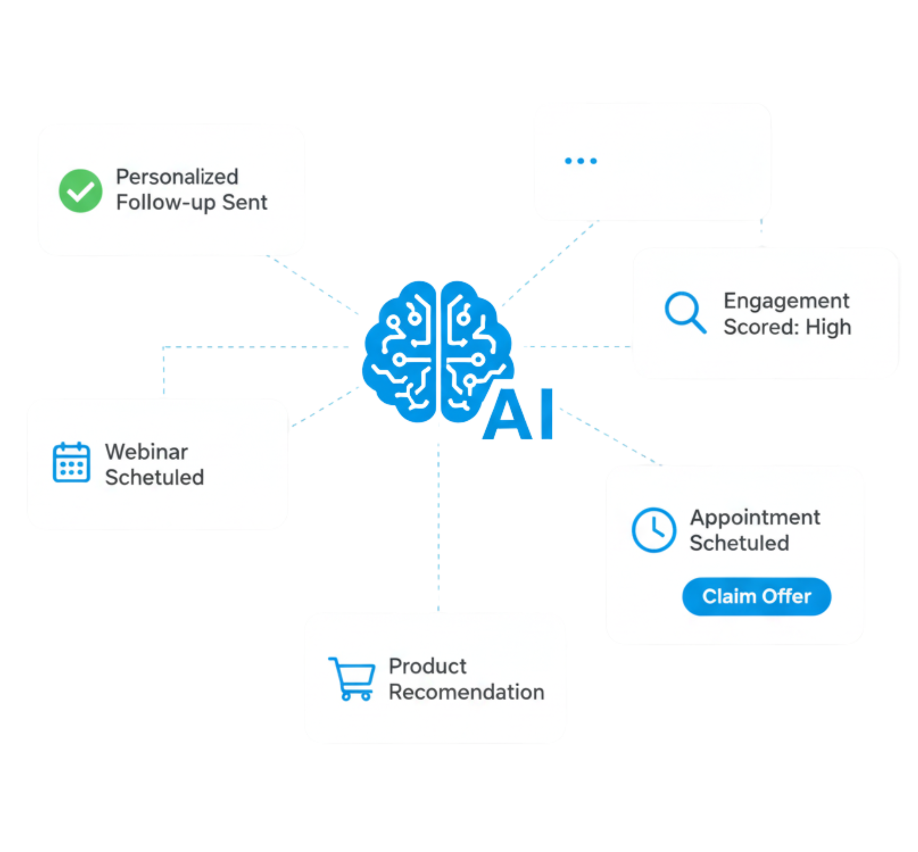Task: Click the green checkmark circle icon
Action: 81,190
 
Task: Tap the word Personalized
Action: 177,177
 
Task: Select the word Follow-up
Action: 165,202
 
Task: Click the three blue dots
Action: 581,161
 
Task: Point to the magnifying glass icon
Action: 684,312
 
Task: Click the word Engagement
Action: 786,301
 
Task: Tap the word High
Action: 828,327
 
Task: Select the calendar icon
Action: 71,462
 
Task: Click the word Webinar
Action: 146,452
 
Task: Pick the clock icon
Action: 654,530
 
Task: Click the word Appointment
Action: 755,517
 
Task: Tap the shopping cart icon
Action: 352,679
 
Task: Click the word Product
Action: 428,666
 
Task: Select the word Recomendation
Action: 466,692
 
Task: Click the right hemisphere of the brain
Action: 472,350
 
